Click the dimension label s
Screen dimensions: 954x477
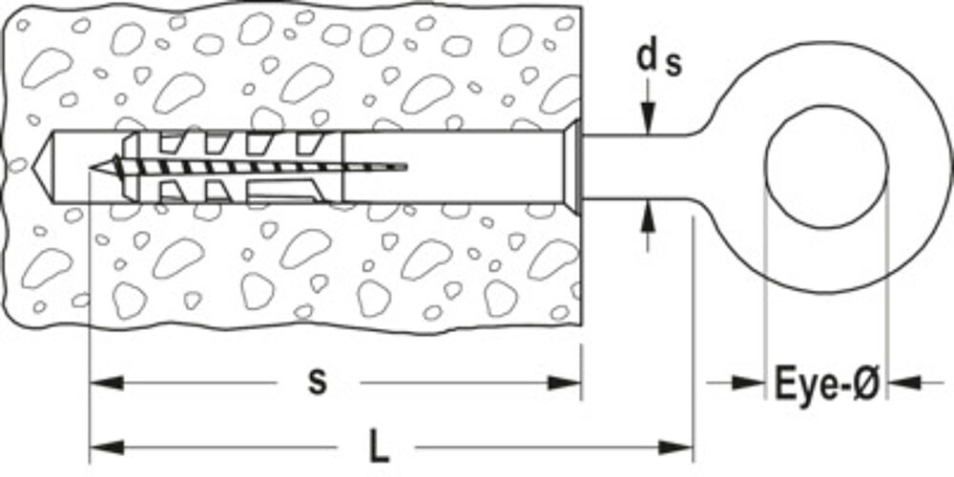tap(317, 383)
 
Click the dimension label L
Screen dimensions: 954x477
tap(378, 448)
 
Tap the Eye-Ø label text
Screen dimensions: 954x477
tap(827, 384)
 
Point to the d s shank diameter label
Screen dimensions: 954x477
tap(659, 60)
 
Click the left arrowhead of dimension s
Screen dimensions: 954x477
tap(107, 383)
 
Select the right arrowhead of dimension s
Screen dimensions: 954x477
tap(565, 383)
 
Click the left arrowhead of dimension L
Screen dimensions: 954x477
tap(107, 448)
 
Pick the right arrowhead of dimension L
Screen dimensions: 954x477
tap(676, 448)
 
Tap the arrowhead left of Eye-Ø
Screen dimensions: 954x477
tap(748, 383)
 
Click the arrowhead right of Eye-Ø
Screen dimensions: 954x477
tap(904, 383)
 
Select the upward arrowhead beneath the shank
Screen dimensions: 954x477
tap(649, 218)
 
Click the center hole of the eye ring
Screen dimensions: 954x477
tap(826, 167)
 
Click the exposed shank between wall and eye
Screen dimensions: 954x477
tap(639, 167)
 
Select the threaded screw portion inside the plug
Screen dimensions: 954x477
tap(249, 167)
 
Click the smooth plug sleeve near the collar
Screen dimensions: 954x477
tap(453, 167)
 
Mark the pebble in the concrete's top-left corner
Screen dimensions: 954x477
tap(23, 25)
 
